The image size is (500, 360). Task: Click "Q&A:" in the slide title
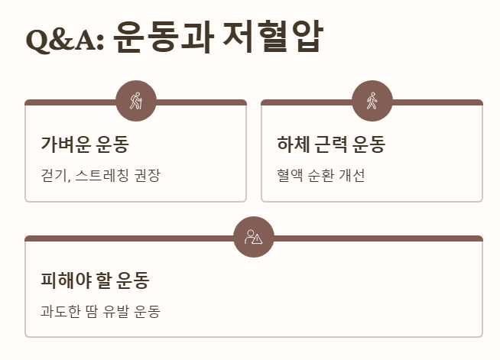pos(64,39)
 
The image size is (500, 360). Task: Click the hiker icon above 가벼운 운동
pos(136,101)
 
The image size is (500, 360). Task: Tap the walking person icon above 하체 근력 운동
pos(372,101)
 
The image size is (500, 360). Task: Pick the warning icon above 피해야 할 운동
pos(254,237)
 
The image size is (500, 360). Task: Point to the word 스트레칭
pos(102,176)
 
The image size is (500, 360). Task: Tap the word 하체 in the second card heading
pos(291,144)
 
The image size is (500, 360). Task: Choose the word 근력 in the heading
pos(330,144)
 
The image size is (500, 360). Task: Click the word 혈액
pos(290,176)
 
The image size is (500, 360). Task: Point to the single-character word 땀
pos(92,312)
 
